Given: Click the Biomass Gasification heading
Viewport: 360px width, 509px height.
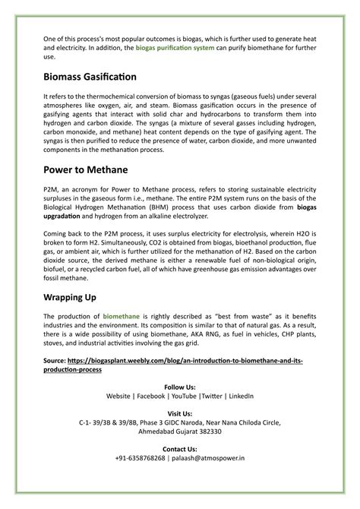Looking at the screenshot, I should point(90,77).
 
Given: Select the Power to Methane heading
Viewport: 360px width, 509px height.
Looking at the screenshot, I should point(86,169).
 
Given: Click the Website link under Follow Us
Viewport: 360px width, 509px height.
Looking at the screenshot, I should point(118,396).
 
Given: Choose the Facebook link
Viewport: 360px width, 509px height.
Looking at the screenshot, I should point(151,396).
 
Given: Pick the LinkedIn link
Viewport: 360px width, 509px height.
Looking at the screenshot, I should point(242,396).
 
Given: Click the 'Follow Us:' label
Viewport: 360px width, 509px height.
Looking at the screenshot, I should point(180,386).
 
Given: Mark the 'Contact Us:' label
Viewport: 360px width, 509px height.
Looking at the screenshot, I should point(180,449).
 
